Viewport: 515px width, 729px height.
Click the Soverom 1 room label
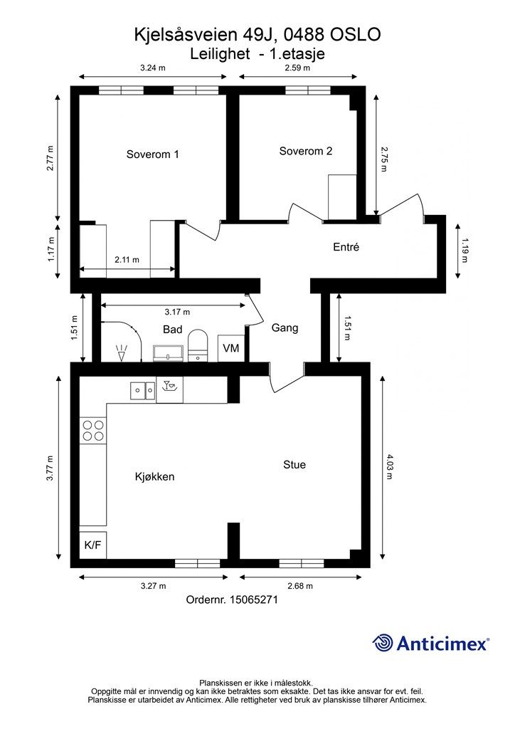click(152, 154)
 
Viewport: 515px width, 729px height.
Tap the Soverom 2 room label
click(306, 151)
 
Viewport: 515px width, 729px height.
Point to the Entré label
click(346, 247)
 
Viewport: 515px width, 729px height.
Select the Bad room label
click(172, 330)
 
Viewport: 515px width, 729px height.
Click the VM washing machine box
click(231, 347)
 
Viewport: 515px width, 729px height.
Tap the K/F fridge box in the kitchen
click(93, 545)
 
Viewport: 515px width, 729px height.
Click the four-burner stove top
click(93, 431)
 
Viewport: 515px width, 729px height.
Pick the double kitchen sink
click(142, 391)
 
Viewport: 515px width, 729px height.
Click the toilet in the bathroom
click(198, 345)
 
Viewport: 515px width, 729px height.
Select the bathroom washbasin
click(169, 353)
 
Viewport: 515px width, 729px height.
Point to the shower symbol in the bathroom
click(122, 353)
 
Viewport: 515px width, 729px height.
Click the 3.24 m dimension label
click(153, 68)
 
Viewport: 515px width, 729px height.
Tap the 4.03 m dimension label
click(389, 466)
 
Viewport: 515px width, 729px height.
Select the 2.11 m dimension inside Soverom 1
click(127, 260)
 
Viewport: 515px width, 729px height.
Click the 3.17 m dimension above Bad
click(177, 312)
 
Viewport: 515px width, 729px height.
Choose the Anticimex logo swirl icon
click(383, 643)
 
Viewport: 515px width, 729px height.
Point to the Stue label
click(294, 464)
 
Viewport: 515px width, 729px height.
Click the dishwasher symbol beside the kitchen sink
click(169, 389)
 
